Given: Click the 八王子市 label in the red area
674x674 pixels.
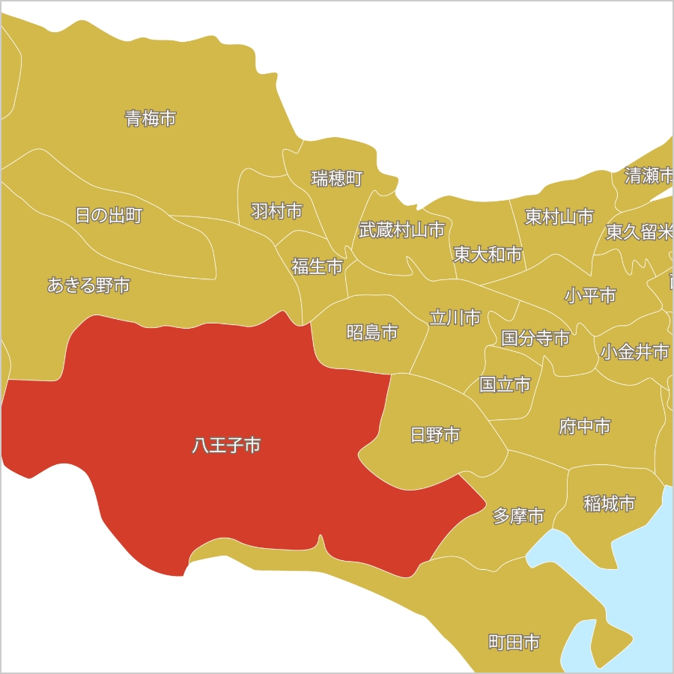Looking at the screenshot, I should coord(226,446).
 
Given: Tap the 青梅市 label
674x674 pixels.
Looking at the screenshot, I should coord(151,118).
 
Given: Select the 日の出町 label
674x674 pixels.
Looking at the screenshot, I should coord(109,216).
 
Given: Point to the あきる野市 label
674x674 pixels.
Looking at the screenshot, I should coord(88,285).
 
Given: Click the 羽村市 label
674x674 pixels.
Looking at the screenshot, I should coord(276,211).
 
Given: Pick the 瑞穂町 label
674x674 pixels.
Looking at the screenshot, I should coord(337,178).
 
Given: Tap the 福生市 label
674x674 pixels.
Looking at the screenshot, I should coord(317,266).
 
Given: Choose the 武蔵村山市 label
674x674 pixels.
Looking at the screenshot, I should coord(401,230).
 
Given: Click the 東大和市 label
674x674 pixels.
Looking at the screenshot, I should coord(488,255).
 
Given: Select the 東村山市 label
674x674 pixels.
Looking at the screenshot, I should coord(559,217).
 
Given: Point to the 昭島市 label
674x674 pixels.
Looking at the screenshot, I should coord(372,333).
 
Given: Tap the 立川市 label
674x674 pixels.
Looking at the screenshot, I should coord(455,318).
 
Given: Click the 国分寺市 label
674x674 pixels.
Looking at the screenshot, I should coord(535,338).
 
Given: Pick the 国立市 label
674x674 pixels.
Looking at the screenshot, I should coord(505,385).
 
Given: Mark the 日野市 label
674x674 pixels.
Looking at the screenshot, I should coord(435,434).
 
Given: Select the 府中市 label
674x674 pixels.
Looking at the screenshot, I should coord(585,427).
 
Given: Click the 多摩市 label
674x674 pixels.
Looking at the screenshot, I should coord(518,516).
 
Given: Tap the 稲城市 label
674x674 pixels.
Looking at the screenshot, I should coord(610,503).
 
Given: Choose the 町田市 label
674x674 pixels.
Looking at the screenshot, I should coord(514,643).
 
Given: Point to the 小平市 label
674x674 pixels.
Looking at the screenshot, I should coord(590,296).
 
